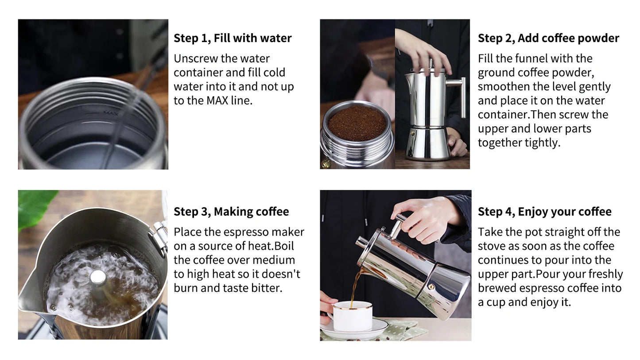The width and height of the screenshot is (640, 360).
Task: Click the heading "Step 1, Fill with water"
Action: (232, 38)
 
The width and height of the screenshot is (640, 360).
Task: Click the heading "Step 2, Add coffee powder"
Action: (548, 38)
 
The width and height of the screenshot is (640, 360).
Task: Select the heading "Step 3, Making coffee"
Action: (231, 212)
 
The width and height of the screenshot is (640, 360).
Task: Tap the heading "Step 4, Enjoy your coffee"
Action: (544, 212)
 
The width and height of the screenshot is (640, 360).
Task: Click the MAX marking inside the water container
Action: (110, 113)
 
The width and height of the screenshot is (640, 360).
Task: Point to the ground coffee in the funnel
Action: (357, 123)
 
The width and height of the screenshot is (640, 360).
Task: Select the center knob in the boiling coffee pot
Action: (98, 278)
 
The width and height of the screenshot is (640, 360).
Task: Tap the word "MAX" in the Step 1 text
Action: (217, 101)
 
